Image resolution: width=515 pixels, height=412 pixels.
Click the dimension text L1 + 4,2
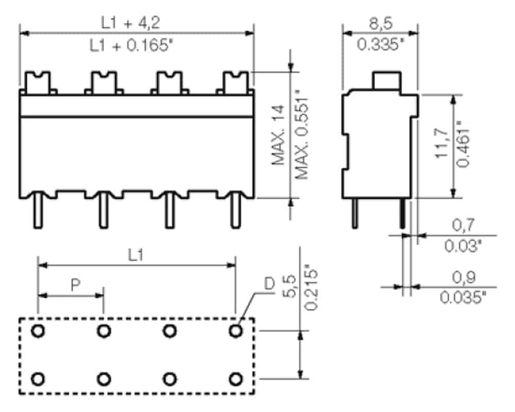tap(130, 23)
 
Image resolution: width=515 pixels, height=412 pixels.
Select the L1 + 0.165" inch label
tap(131, 46)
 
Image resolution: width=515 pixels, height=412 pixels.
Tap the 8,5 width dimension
tap(381, 24)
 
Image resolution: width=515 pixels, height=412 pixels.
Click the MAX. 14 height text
tap(278, 135)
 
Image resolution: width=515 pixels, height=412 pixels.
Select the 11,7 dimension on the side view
tap(442, 144)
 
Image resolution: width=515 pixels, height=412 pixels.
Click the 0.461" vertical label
tap(464, 144)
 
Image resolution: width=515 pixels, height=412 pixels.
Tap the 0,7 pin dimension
tap(463, 225)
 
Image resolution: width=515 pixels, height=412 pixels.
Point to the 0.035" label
tap(463, 298)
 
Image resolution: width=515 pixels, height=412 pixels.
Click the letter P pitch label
tap(76, 285)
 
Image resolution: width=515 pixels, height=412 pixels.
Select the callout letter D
tap(269, 284)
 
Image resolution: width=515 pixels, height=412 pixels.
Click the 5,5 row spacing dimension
tap(289, 287)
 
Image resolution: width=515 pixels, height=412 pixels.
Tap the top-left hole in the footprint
tap(38, 331)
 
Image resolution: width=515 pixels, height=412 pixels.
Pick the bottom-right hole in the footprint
tap(235, 379)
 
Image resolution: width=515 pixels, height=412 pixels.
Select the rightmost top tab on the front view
tap(235, 82)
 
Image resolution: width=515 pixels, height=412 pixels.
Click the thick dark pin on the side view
tap(402, 214)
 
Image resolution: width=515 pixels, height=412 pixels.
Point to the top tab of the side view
tap(386, 80)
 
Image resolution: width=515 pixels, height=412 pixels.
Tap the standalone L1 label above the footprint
tap(135, 255)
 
